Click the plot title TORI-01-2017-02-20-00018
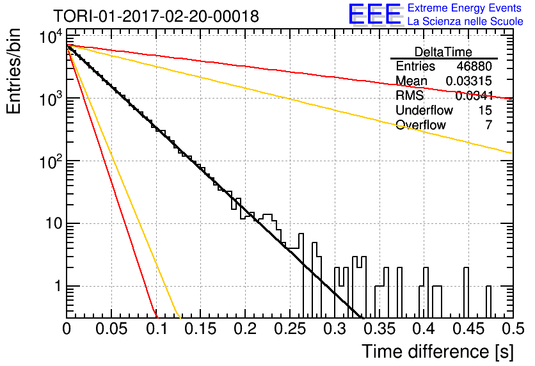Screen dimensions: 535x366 point(156,16)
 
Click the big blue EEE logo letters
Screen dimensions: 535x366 point(374,14)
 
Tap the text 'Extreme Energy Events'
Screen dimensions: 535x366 point(465,8)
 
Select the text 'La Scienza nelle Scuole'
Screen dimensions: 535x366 point(465,21)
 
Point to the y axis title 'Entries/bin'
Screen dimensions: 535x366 point(13,71)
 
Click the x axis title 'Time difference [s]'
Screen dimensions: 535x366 point(438,352)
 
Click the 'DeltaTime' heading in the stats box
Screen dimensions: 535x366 point(443,52)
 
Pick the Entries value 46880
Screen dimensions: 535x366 point(474,66)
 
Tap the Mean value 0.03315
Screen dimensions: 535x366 point(469,81)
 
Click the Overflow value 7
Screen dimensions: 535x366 point(488,125)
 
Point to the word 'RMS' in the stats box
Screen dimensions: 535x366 point(410,95)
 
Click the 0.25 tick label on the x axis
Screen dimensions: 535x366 point(291,329)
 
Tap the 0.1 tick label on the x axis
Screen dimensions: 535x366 point(157,329)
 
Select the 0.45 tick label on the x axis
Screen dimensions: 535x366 point(469,329)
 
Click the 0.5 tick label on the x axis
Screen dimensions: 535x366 point(513,329)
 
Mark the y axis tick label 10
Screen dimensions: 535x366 point(54,224)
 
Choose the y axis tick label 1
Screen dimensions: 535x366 point(58,286)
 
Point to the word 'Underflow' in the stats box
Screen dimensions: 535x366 point(424,110)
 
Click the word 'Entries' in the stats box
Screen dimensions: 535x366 point(415,66)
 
